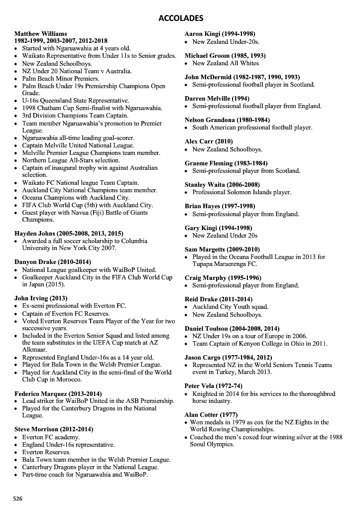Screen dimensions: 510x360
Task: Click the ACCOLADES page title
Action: coord(180,18)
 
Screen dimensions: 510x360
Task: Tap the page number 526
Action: coord(17,498)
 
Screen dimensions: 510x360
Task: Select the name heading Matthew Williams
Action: coord(40,34)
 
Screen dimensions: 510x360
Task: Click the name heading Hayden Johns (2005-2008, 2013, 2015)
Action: coord(69,233)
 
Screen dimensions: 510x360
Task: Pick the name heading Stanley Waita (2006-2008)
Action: coord(223,185)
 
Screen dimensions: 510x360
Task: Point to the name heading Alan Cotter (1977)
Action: coord(211,414)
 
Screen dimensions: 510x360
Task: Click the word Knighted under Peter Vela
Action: coord(206,393)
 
